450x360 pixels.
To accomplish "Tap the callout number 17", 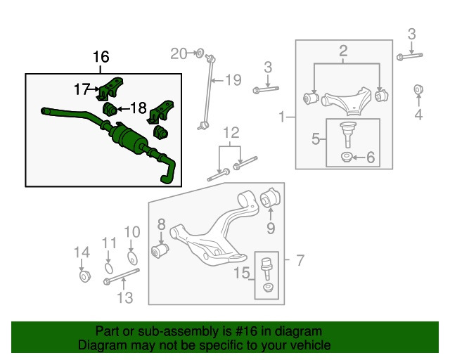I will [x=83, y=89].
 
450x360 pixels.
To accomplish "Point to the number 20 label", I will [x=179, y=53].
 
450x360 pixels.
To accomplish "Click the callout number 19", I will [x=233, y=79].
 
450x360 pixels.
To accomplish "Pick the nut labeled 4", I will [x=418, y=91].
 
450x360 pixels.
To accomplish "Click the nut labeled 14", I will [x=83, y=274].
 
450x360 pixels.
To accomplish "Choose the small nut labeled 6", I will [x=347, y=157].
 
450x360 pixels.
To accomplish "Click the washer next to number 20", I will [x=199, y=52].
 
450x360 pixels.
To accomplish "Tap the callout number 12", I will [x=231, y=132].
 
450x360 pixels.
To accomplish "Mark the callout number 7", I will [x=300, y=261].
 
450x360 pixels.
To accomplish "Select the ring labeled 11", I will [x=108, y=266].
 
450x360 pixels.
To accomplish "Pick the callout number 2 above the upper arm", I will [x=344, y=50].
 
